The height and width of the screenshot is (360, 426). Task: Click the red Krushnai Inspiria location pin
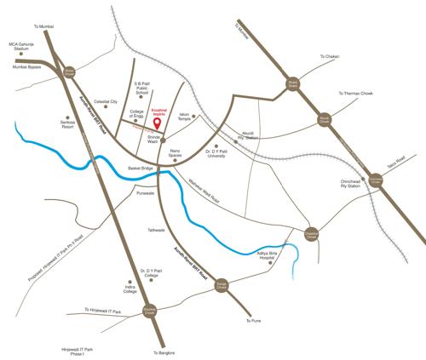(165, 129)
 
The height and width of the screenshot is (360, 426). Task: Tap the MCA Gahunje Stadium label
(20, 47)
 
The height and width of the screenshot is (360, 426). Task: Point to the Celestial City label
(106, 101)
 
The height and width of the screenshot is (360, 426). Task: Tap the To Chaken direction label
(330, 57)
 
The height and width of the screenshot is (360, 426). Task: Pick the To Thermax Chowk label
(357, 93)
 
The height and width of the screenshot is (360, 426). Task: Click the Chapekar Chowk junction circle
(313, 235)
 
